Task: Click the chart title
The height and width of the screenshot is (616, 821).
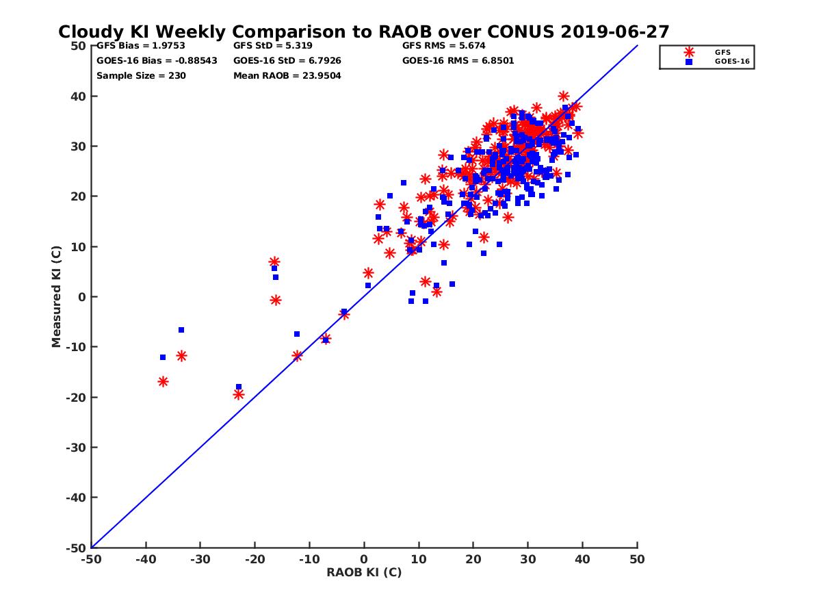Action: click(x=363, y=32)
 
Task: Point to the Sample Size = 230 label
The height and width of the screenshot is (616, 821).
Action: click(x=141, y=75)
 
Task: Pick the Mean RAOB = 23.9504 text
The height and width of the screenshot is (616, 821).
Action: click(x=287, y=75)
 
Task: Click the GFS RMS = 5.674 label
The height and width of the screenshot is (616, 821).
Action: click(x=444, y=46)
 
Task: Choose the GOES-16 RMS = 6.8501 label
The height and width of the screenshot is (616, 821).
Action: click(x=458, y=60)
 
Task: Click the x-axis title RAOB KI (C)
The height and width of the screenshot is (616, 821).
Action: click(x=364, y=572)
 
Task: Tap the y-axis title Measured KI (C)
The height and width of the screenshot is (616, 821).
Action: click(x=57, y=297)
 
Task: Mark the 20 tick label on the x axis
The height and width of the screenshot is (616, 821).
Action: click(x=473, y=559)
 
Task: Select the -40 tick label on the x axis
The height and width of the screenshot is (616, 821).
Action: click(x=145, y=559)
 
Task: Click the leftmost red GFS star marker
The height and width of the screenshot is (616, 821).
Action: click(x=163, y=381)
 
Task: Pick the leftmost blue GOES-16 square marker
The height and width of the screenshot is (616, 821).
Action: click(x=163, y=357)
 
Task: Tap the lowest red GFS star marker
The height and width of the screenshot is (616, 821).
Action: click(x=239, y=394)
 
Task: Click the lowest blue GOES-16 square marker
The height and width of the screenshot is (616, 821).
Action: click(x=239, y=387)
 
